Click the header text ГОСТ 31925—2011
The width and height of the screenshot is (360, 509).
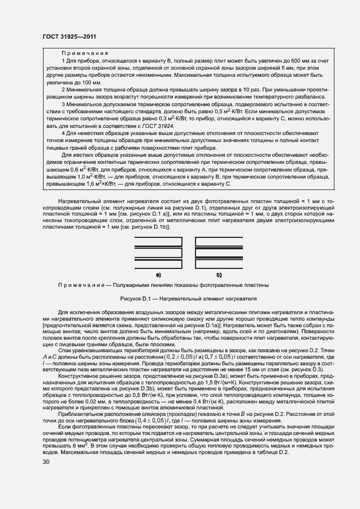click(x=72, y=36)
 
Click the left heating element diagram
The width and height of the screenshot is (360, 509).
click(x=158, y=251)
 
